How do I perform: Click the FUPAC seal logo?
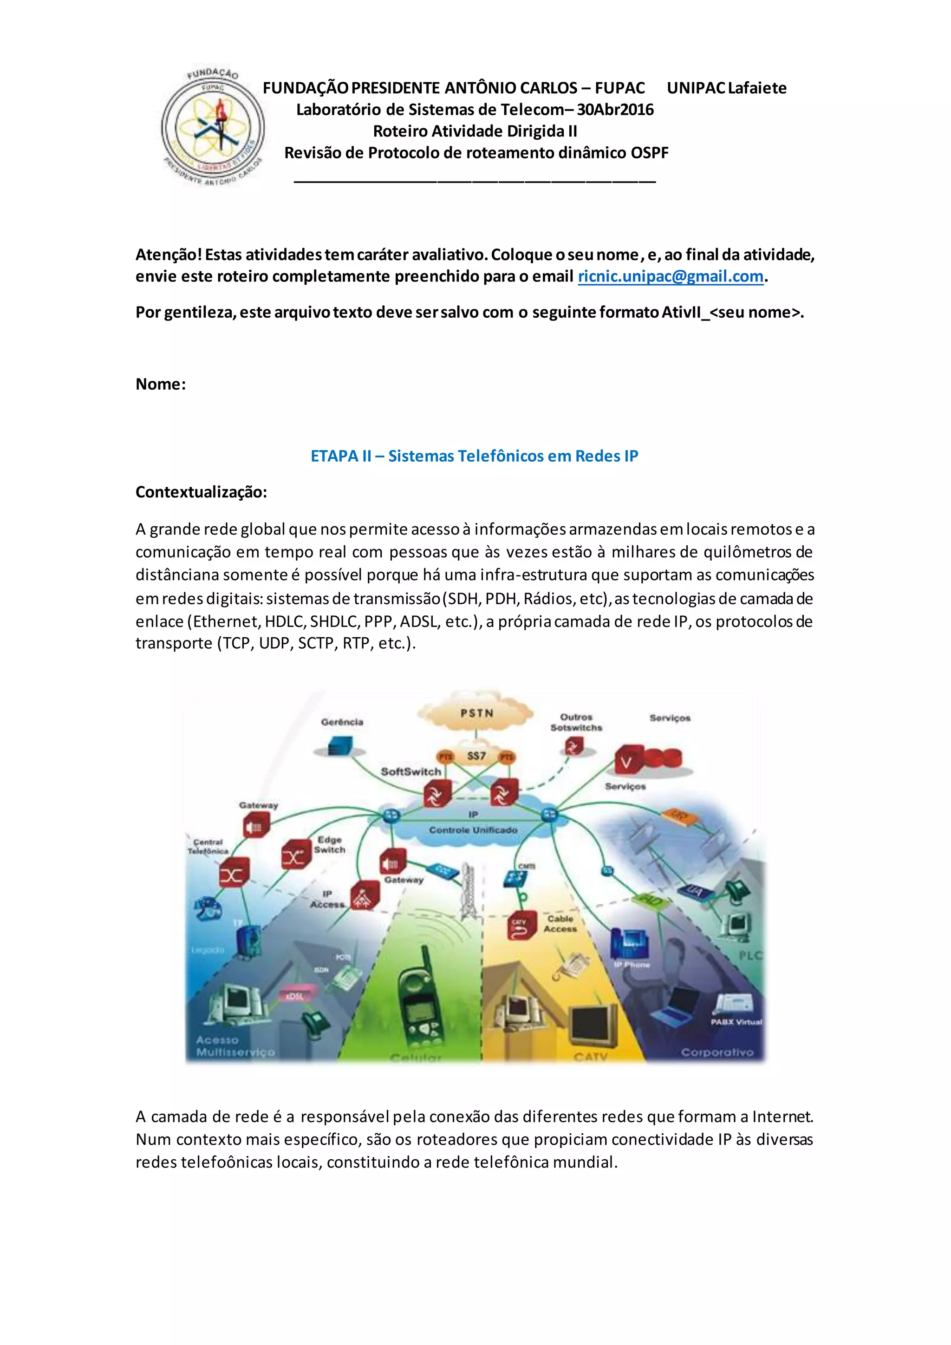[x=213, y=127]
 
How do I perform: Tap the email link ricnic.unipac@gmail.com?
[x=671, y=276]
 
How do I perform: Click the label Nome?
[x=161, y=384]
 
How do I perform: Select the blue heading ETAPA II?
[x=474, y=457]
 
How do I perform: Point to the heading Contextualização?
[x=201, y=492]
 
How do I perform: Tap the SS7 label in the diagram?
[x=476, y=756]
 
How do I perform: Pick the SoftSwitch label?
[x=410, y=772]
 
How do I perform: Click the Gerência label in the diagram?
[x=342, y=722]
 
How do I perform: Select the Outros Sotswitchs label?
[x=576, y=722]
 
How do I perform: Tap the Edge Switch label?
[x=330, y=845]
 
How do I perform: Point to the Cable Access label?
[x=560, y=924]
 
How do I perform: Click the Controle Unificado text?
[x=473, y=830]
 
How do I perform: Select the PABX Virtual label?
[x=736, y=1022]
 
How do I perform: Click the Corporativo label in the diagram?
[x=717, y=1053]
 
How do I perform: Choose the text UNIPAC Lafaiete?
[x=727, y=88]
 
